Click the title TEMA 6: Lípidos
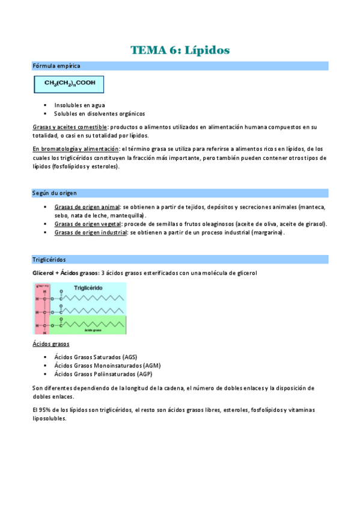pyautogui.click(x=180, y=50)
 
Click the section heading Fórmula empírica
pyautogui.click(x=56, y=66)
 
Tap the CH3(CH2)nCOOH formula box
pyautogui.click(x=69, y=84)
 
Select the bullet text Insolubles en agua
pyautogui.click(x=79, y=105)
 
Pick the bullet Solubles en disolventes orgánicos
pyautogui.click(x=99, y=113)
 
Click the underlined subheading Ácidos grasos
pyautogui.click(x=50, y=344)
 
